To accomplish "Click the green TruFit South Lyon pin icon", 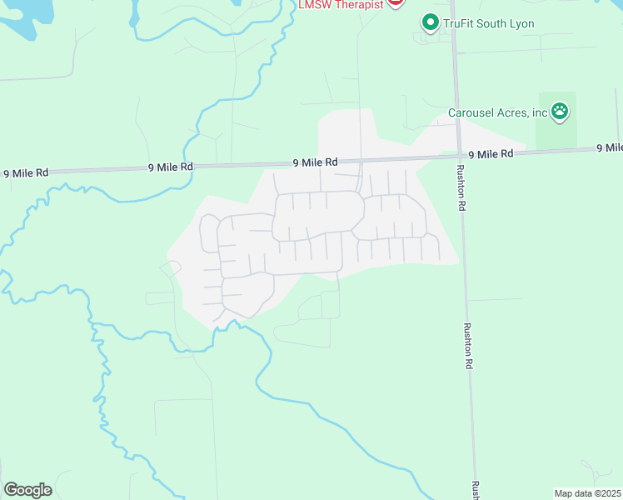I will [430, 22].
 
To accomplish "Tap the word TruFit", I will [460, 23].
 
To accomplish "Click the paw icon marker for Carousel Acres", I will [561, 110].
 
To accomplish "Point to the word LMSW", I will [313, 4].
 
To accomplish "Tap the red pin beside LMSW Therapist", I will [396, 2].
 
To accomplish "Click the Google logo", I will [27, 489].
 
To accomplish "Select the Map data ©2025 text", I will [587, 493].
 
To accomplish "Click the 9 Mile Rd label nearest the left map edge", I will [26, 173].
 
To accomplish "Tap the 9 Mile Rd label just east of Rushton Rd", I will [494, 154].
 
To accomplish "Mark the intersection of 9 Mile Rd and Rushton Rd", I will [457, 155].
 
